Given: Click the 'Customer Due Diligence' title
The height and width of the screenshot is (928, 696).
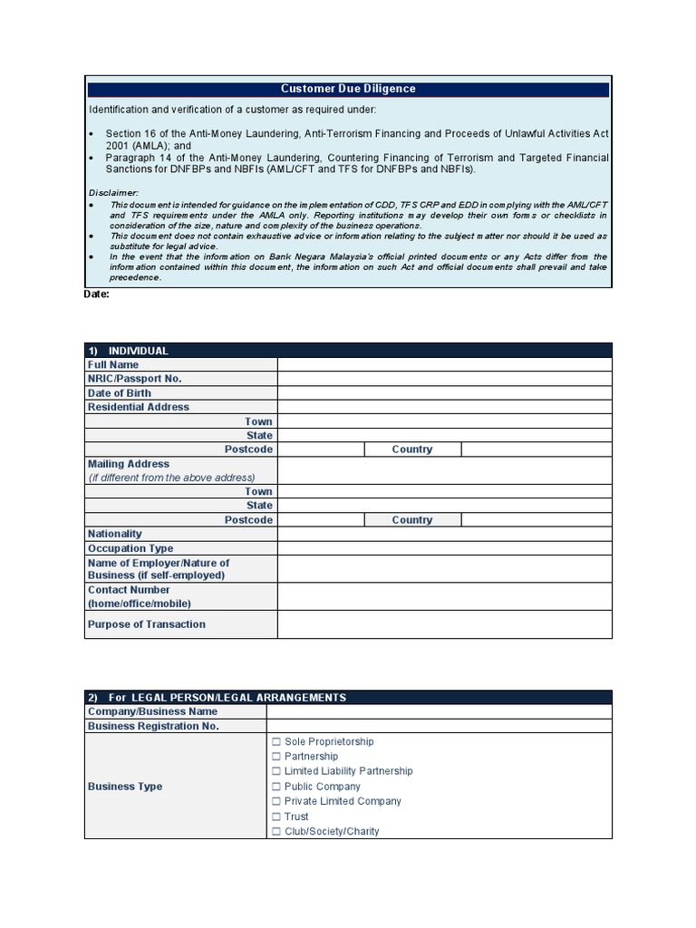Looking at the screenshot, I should coord(348,89).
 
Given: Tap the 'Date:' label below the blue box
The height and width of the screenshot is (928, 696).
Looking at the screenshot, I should coord(98,295).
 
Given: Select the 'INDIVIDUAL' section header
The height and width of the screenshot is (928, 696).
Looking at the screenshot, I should coord(138,351).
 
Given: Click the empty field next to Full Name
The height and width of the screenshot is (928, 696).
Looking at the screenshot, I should coord(444,364).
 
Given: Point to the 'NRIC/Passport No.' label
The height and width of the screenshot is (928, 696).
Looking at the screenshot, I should coord(134,379).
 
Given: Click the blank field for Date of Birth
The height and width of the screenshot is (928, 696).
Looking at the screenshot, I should coord(444,393).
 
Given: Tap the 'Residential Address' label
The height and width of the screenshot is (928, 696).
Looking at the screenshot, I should coord(139,407).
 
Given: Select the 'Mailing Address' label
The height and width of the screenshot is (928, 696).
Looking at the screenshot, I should coord(129,464).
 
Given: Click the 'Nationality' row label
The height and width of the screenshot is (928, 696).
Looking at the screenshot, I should coord(115,534).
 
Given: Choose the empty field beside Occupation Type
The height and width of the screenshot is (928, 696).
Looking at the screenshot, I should coord(444,548).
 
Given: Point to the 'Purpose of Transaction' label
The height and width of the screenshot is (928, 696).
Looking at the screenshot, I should coord(147,624).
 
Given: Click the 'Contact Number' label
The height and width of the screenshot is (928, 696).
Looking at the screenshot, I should coord(129,590).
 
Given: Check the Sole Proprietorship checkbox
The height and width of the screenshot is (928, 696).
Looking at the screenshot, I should coord(275,741).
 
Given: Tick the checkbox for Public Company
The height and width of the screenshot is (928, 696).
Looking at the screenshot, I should coord(275,787).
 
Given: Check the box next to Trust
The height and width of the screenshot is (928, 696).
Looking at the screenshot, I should coord(275,817).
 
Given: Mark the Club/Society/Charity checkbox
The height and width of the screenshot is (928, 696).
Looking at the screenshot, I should coord(275,831).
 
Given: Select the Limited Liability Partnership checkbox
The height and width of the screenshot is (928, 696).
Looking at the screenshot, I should coord(275,771).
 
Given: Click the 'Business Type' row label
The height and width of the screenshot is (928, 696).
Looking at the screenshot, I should coord(125,787).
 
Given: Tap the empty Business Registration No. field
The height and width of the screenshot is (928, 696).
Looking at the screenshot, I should coord(439,727).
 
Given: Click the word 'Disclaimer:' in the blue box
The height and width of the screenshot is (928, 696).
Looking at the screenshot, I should coord(113,193).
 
